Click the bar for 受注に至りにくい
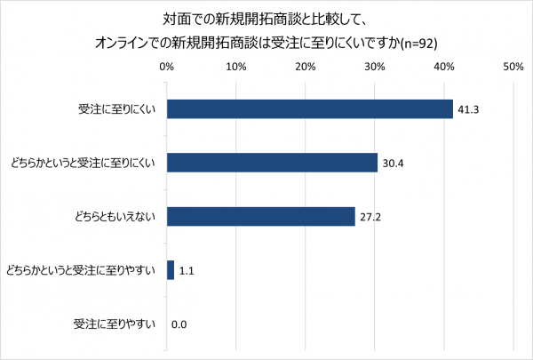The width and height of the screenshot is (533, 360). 310,108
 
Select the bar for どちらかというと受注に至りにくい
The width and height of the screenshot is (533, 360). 272,163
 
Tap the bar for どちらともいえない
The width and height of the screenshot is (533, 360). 261,217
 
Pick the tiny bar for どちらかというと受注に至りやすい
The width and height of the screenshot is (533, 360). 171,270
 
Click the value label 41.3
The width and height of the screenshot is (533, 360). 467,109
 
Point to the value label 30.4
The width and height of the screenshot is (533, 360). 392,164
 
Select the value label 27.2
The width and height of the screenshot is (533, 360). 370,218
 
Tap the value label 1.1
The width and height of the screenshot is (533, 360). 187,271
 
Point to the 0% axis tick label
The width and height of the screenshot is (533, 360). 167,67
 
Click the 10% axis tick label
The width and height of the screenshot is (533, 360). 236,67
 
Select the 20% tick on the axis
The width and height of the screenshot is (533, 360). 306,67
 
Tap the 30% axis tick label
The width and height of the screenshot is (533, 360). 375,67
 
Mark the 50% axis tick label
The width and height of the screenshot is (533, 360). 513,67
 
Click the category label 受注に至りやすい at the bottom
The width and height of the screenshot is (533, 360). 114,325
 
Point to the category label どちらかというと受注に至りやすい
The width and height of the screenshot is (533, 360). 81,271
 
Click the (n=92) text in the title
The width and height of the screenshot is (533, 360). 418,42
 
